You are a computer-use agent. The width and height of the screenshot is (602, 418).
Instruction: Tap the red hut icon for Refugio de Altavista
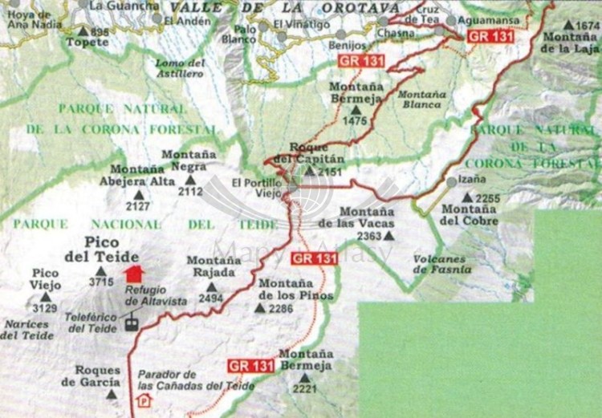(134, 274)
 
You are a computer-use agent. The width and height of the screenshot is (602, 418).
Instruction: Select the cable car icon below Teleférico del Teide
(130, 323)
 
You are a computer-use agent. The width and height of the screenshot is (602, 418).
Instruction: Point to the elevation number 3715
(101, 282)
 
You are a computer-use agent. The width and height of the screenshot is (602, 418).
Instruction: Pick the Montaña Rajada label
(213, 266)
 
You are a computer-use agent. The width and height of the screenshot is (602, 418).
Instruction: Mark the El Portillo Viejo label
(260, 187)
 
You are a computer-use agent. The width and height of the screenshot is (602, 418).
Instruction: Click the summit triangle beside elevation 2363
(389, 236)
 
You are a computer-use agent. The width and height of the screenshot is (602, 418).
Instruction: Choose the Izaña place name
(471, 179)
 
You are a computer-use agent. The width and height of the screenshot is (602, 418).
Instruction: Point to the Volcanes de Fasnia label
(439, 265)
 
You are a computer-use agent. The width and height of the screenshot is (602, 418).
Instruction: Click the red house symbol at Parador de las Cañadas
(144, 400)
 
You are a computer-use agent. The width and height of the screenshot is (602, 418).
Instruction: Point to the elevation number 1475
(353, 121)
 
